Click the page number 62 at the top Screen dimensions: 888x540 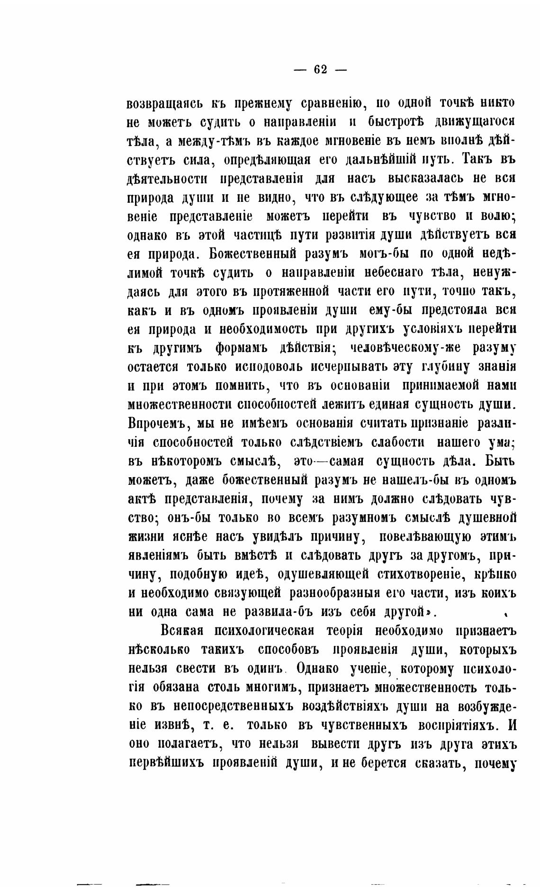coord(320,69)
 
